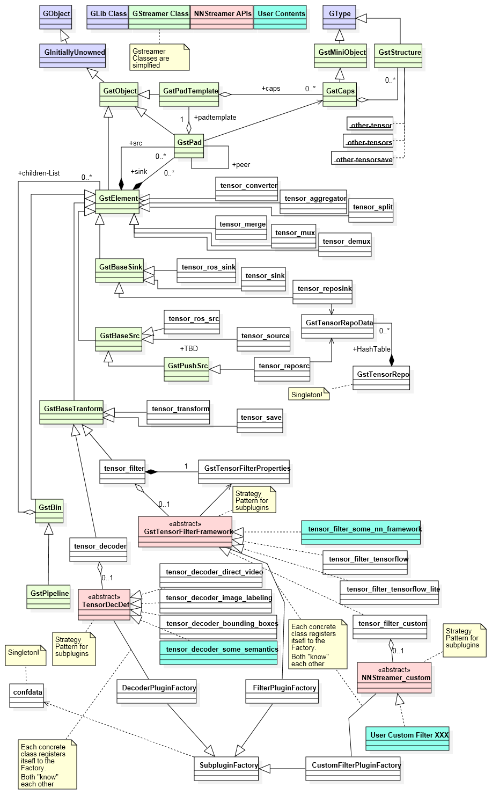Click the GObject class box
[56, 17]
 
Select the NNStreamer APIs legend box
[222, 17]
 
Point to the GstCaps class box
[340, 94]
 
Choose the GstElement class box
[118, 202]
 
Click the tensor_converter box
[247, 189]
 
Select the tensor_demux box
[346, 245]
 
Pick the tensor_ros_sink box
[207, 271]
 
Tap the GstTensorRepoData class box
[337, 326]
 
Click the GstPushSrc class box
[187, 369]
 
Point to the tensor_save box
[260, 421]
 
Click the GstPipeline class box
[49, 597]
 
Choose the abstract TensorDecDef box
[104, 604]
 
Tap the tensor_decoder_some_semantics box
[219, 653]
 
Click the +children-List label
[39, 173]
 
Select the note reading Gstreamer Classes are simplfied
[159, 58]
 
